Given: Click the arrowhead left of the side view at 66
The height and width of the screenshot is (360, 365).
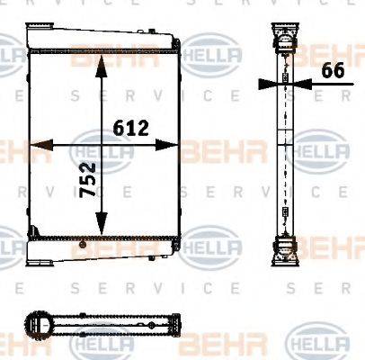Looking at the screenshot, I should point(265,85).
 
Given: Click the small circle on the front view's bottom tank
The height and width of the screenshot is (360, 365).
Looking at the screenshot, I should point(79,244).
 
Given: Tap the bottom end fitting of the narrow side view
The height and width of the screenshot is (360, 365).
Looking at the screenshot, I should point(285,245).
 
